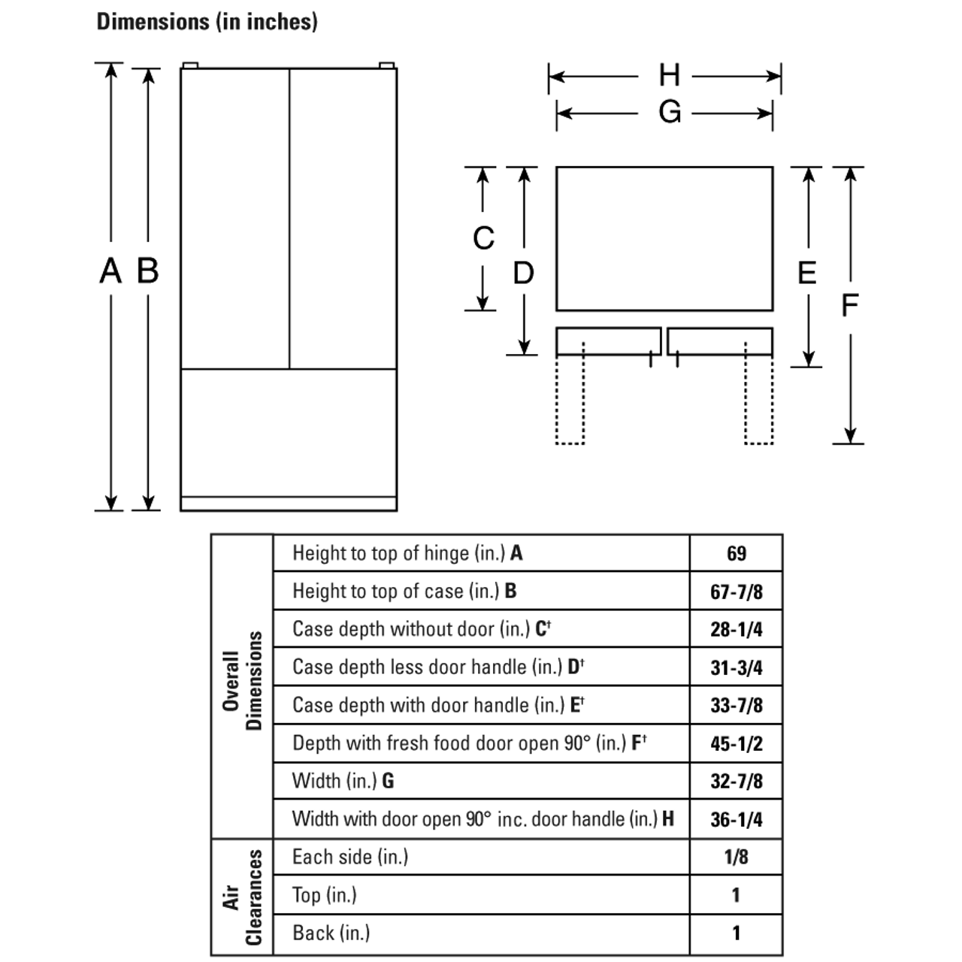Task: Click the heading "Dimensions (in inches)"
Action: tap(207, 22)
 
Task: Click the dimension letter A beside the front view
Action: tap(110, 271)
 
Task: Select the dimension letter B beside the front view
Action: tap(148, 271)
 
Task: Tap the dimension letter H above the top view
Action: tap(669, 76)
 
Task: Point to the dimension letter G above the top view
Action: tap(670, 113)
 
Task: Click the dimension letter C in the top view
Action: tap(483, 238)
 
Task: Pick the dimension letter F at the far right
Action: tap(849, 305)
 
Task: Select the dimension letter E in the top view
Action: tap(806, 272)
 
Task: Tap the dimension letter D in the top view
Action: tap(523, 273)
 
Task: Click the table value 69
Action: tap(736, 554)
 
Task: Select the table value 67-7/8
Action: tap(736, 592)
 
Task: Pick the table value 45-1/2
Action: tap(736, 744)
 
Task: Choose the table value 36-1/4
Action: tap(736, 819)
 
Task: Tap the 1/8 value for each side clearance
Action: tap(736, 857)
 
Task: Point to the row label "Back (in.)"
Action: tap(331, 933)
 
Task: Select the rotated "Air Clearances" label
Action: tap(242, 897)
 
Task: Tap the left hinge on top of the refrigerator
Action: tap(189, 65)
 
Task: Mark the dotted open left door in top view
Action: tap(570, 398)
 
